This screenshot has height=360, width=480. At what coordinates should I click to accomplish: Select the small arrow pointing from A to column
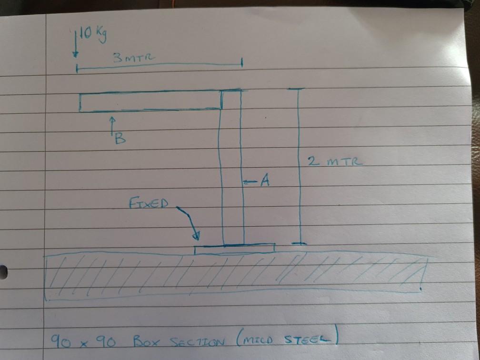pos(250,181)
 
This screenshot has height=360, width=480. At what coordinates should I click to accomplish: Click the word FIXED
pos(148,204)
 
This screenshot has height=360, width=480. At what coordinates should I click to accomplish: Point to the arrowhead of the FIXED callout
pos(196,237)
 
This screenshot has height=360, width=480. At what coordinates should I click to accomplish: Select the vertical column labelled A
pos(233,171)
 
